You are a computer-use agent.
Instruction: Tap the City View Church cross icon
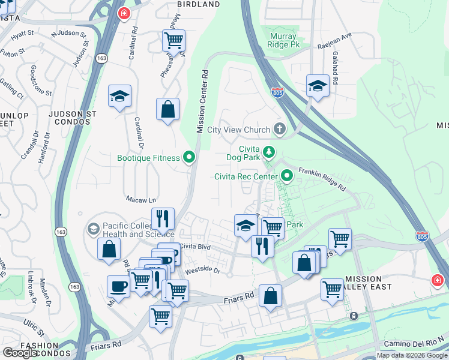pos(279,129)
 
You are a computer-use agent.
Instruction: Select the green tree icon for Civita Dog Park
pos(270,151)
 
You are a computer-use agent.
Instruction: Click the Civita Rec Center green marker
pos(287,176)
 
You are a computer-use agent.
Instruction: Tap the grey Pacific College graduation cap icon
pos(93,229)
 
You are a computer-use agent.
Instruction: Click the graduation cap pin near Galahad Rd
pos(318,85)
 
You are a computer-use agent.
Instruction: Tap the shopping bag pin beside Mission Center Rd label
pos(168,110)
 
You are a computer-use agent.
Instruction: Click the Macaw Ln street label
pos(140,199)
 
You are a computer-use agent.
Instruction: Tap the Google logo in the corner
pos(19,353)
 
